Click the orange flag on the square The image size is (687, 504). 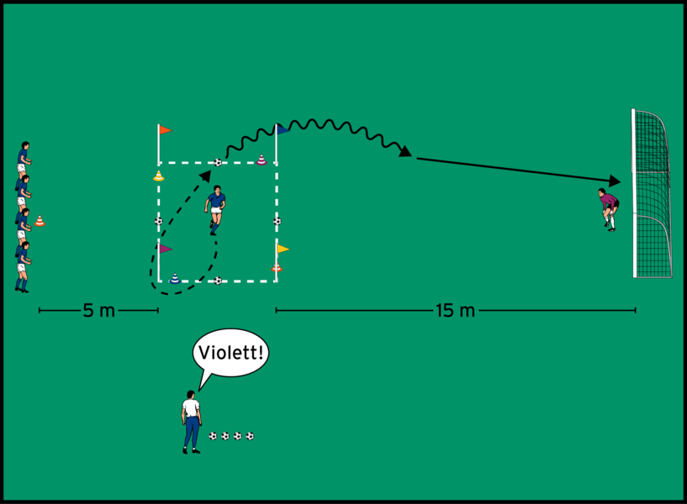point(165,130)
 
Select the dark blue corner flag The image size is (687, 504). point(283,129)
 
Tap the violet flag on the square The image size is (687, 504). point(166,249)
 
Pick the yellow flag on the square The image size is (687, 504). point(283,249)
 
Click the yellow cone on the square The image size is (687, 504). point(158,176)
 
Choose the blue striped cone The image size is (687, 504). point(174,278)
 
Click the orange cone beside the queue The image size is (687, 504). point(40,222)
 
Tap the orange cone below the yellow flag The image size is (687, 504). point(277,268)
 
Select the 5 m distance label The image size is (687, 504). point(99,311)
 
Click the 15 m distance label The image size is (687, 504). point(456,311)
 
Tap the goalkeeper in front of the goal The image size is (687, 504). point(608,208)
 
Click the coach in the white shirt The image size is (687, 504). point(192,420)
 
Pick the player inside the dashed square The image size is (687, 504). point(216,209)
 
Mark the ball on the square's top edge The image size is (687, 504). point(218,163)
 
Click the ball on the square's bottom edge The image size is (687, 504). point(218,281)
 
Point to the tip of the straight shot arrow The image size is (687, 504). point(621,180)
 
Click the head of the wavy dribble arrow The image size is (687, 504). point(410,154)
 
